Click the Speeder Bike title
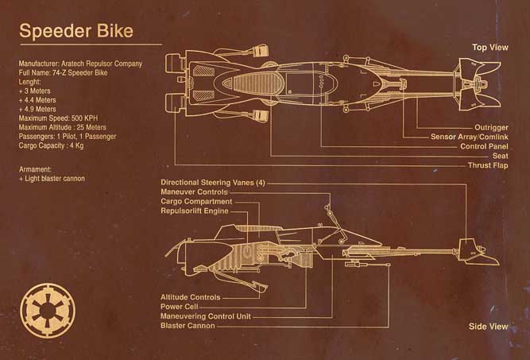[76, 31]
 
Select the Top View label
[489, 48]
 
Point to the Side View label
[489, 326]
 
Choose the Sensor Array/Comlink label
[470, 136]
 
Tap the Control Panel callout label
[484, 146]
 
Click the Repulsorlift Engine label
[195, 211]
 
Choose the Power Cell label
[180, 307]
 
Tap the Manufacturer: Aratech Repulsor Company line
[80, 64]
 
